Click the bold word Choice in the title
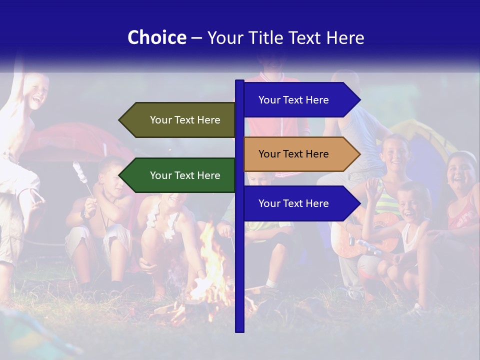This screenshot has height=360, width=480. point(156,37)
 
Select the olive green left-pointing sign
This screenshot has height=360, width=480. point(177,120)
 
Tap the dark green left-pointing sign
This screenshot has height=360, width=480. point(177,175)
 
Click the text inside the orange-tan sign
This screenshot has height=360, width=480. point(293,154)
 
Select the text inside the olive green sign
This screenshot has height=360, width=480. point(185,120)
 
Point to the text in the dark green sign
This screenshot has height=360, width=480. point(185,175)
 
